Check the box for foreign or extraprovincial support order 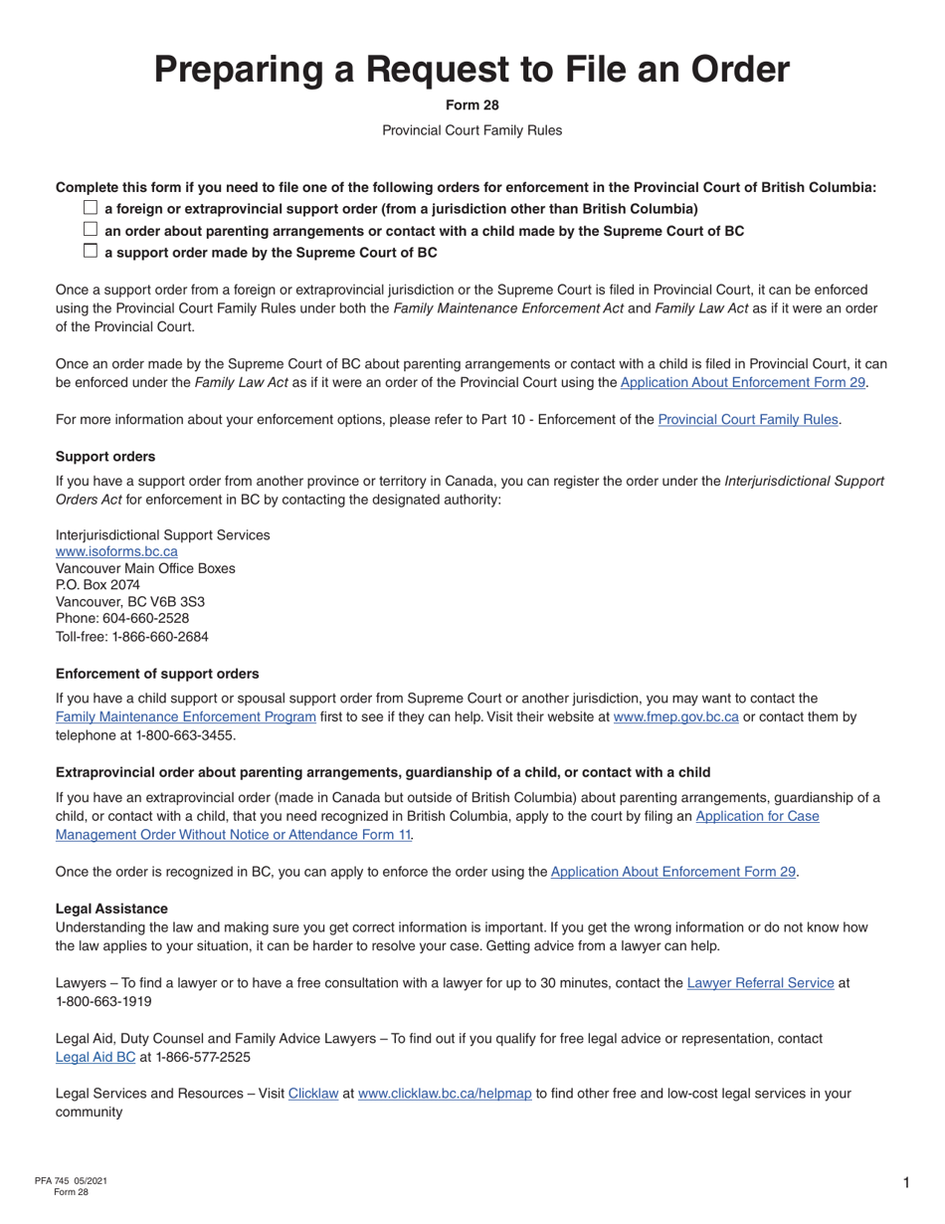(91, 208)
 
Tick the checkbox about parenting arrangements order (91, 230)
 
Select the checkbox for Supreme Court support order (91, 252)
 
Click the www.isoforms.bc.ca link (116, 551)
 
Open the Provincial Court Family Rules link (748, 419)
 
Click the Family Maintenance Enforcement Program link (186, 716)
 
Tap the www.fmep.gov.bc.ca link (675, 716)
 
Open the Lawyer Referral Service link (760, 983)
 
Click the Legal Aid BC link (95, 1057)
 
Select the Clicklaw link (313, 1094)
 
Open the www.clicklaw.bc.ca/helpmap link (444, 1094)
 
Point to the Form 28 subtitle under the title (472, 105)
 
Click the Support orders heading (105, 457)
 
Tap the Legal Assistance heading (111, 909)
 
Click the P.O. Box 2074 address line (97, 585)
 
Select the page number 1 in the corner (906, 1182)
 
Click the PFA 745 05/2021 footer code (71, 1181)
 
